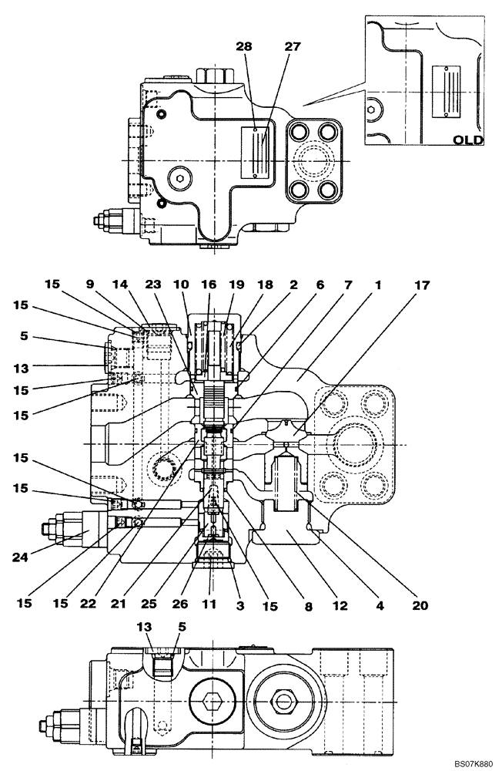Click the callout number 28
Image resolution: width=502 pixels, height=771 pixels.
(244, 47)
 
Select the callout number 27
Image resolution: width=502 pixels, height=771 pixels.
(270, 47)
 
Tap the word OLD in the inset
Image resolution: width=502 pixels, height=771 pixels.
(467, 140)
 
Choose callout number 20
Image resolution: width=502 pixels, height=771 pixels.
(418, 606)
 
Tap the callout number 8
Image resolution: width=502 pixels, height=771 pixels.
(307, 606)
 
